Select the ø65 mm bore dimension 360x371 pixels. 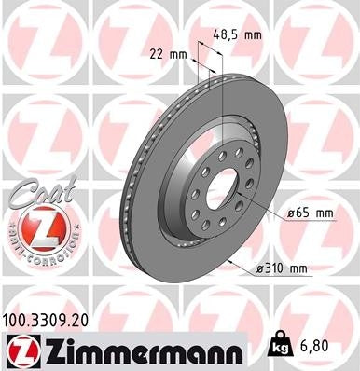click(x=312, y=213)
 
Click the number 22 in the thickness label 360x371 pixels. click(x=162, y=53)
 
